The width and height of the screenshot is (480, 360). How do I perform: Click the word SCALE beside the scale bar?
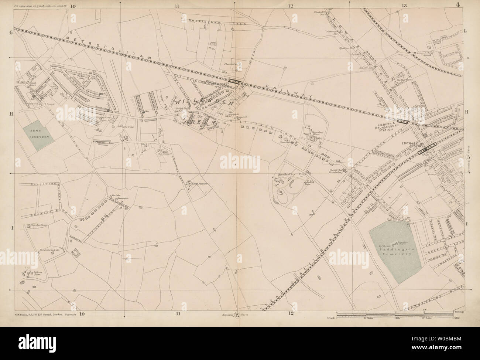(x=332, y=318)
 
